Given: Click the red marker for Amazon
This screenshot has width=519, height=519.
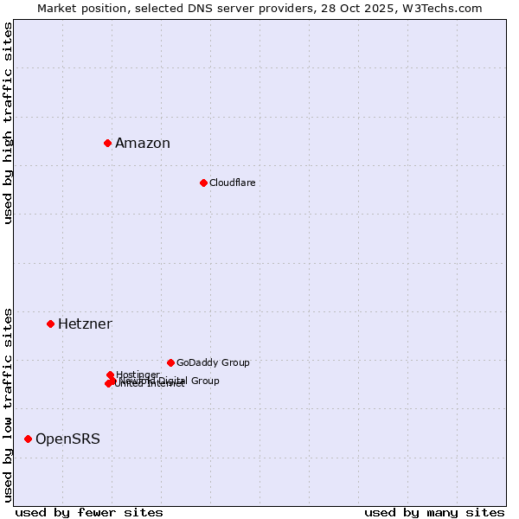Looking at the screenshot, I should pos(107,143).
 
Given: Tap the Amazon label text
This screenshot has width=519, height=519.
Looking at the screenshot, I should pos(143,144).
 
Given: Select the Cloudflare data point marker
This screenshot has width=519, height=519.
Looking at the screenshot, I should pos(203,183).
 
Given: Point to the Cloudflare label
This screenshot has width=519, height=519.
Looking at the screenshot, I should pos(232,183).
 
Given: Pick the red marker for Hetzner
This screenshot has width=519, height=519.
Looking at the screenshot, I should pos(50,324).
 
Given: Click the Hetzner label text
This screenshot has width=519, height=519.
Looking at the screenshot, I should pos(85,324).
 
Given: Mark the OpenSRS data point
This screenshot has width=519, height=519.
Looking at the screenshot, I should pos(28,439).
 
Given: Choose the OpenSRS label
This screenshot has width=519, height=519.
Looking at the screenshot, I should pos(67,439).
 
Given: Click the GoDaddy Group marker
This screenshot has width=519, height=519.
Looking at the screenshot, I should pos(170,362).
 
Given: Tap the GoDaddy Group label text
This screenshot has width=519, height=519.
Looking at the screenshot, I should pos(213,362).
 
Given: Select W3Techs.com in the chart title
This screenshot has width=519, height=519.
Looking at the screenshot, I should pos(446,8).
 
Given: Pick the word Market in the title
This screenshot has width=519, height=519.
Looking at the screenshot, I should pos(57,8).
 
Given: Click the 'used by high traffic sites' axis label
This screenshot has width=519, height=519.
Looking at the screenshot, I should pos(8,123).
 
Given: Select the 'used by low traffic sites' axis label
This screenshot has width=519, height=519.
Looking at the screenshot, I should pos(8,404).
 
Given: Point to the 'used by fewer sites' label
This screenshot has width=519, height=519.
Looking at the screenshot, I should pos(89,512).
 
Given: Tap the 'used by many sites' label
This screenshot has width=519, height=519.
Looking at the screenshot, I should pos(434,512).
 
